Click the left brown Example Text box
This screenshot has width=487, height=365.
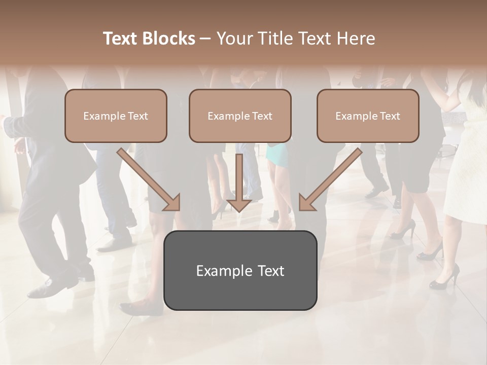[116, 116]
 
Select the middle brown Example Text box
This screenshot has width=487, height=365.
[240, 116]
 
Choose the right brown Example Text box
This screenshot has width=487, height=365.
[368, 116]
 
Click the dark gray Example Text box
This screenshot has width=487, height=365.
[240, 270]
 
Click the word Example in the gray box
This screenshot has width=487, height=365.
[218, 271]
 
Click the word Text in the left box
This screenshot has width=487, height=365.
[138, 116]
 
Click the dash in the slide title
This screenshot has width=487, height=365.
[205, 39]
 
